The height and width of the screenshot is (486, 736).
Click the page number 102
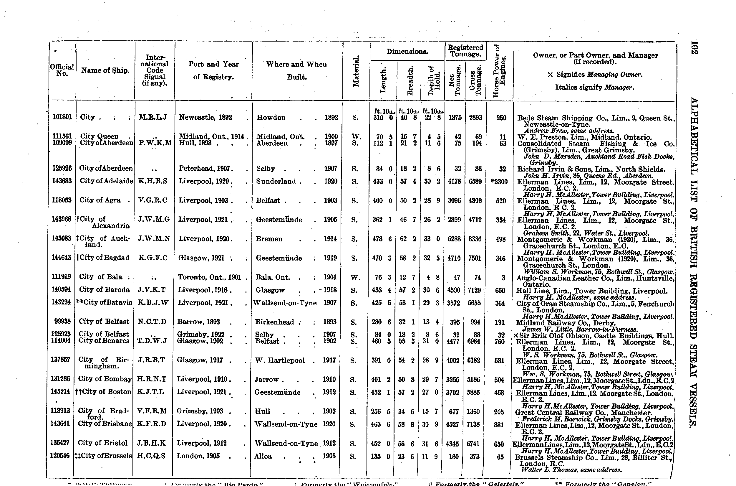[x=694, y=48]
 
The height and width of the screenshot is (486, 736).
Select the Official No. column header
[x=62, y=70]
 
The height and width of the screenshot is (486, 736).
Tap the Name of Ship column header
[x=105, y=70]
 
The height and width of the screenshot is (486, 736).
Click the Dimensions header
[x=407, y=52]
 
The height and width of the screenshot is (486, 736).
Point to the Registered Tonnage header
[x=465, y=51]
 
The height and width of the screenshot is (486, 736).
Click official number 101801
[x=62, y=117]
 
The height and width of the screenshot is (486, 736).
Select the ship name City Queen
[x=99, y=136]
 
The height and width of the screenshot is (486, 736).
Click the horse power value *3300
[x=499, y=182]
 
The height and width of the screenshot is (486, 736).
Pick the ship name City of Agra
[x=100, y=200]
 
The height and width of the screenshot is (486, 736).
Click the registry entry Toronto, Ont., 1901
[x=210, y=277]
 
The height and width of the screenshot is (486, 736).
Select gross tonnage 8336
[x=475, y=239]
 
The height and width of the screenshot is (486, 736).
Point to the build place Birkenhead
[x=275, y=322]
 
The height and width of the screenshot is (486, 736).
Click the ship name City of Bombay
[x=105, y=379]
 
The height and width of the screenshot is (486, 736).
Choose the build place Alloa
[x=263, y=456]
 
